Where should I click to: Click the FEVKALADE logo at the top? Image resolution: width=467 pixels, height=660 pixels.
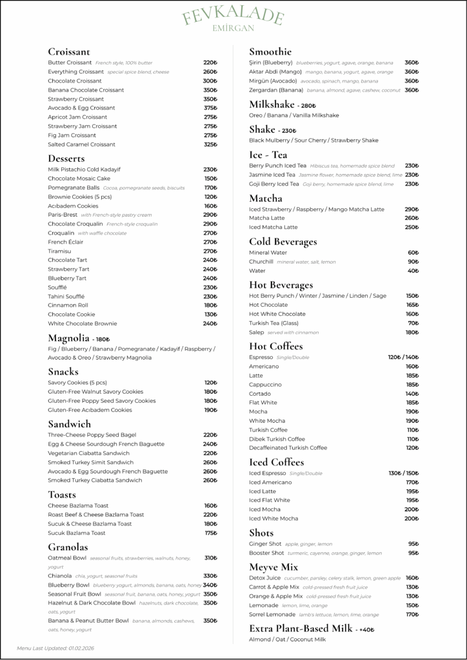(233, 18)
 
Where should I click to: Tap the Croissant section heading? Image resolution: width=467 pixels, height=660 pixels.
(69, 52)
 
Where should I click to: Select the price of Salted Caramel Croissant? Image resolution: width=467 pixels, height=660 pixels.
(210, 144)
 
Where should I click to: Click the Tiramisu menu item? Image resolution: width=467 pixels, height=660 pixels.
(59, 251)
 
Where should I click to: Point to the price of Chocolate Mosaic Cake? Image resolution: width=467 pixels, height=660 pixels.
(210, 179)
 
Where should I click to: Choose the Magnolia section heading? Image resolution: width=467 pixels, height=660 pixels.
(68, 338)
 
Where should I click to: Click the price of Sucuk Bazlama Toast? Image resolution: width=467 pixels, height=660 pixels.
(210, 533)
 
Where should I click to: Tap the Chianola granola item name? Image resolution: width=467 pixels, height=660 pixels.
(60, 576)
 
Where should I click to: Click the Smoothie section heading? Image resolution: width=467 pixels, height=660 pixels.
(270, 52)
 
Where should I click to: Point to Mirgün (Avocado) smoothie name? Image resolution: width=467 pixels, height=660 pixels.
(273, 81)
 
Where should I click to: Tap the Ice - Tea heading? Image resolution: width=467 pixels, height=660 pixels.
(268, 155)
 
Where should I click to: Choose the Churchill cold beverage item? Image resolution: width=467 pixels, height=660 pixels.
(261, 262)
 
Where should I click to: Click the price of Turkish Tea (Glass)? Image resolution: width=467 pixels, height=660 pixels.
(413, 323)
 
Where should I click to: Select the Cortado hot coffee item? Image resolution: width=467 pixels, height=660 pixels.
(260, 393)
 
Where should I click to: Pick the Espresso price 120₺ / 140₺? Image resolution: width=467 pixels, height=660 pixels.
(403, 357)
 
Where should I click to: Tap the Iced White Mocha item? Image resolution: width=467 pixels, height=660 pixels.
(273, 518)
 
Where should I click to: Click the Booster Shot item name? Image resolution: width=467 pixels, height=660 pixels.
(266, 553)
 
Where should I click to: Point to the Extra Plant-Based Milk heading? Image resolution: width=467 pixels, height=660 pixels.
(301, 628)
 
